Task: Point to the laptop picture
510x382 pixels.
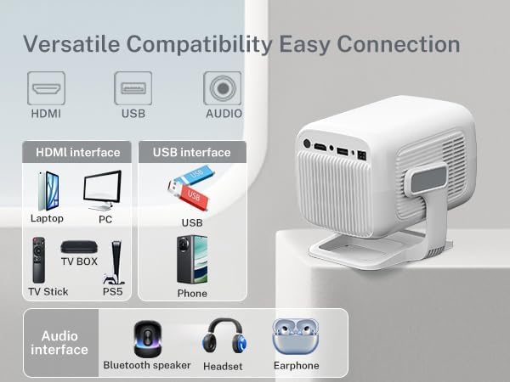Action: (x=47, y=191)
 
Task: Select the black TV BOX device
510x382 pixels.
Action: (x=79, y=247)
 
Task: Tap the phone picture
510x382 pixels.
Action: (x=192, y=260)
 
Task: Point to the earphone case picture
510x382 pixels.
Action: (x=295, y=337)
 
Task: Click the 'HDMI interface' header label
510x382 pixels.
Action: (x=77, y=153)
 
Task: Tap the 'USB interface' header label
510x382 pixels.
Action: (x=191, y=153)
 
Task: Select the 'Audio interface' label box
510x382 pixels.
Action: (x=60, y=343)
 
